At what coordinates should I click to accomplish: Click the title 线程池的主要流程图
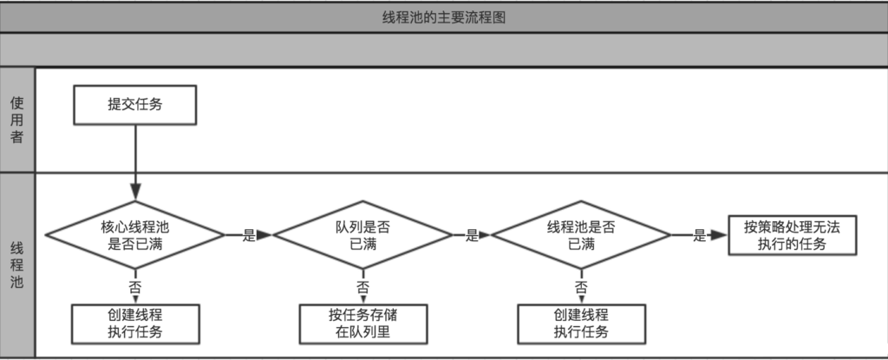coord(444,16)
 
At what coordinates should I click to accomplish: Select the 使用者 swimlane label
coord(17,120)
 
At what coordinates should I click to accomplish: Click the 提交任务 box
coord(134,106)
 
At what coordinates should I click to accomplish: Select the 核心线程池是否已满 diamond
coord(134,235)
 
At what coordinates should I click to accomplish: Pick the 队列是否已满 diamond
coord(362,235)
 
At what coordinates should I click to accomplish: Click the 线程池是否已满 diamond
coord(581,235)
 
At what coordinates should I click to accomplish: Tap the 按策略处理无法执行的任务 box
coord(792,235)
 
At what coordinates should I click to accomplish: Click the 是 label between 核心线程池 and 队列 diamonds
coord(248,235)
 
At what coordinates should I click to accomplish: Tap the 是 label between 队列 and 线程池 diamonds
coord(472,235)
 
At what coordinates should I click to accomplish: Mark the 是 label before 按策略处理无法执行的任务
coord(699,235)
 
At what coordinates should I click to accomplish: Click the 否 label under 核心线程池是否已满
coord(134,286)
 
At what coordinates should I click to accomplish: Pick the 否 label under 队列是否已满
coord(362,286)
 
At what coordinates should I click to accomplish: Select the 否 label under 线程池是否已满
coord(581,286)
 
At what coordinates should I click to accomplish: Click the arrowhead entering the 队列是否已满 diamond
coord(266,235)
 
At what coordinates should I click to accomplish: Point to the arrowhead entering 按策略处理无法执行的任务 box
coord(719,235)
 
